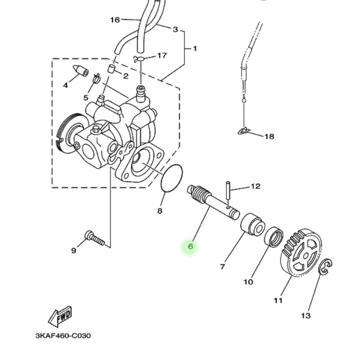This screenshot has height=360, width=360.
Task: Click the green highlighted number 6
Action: tap(190, 247)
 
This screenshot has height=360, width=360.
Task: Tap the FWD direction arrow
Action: tap(60, 317)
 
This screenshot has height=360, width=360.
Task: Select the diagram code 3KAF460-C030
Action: tap(63, 335)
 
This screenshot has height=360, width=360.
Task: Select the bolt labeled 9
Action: tap(95, 238)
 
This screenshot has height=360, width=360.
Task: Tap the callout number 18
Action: tap(269, 137)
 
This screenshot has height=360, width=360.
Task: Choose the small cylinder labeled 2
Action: tap(111, 68)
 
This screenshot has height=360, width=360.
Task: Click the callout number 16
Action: tap(115, 20)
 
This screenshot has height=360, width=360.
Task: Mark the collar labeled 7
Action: tap(252, 224)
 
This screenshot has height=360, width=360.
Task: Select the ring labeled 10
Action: tap(273, 237)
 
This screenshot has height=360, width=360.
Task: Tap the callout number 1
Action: tap(195, 49)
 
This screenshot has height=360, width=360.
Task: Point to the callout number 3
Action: tap(175, 30)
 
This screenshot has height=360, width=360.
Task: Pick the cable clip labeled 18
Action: tap(243, 131)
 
